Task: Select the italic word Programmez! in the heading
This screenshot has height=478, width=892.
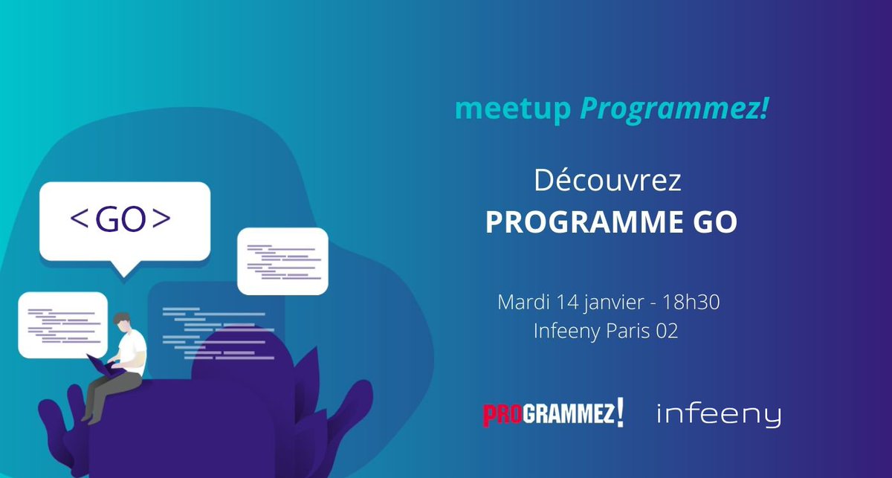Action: pos(673,110)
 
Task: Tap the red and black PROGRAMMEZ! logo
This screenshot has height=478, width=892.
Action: pos(552,414)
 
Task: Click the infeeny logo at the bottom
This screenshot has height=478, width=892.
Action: pos(719,415)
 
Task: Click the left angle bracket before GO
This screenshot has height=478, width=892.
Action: pos(77,219)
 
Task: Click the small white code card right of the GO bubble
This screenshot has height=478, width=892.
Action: pos(282,261)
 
